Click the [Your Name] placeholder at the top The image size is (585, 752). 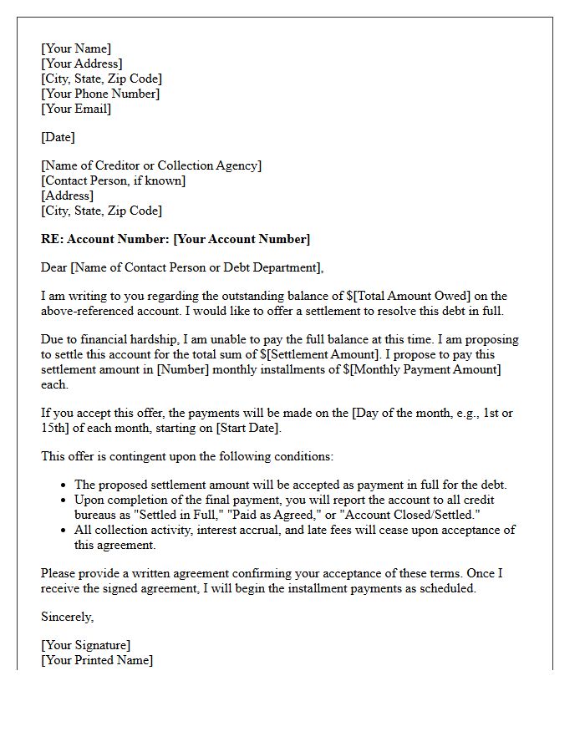pyautogui.click(x=76, y=48)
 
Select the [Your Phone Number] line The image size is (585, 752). pyautogui.click(x=100, y=94)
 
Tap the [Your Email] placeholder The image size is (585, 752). pyautogui.click(x=76, y=109)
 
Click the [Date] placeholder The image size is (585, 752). pyautogui.click(x=58, y=137)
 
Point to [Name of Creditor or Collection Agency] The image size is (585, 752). pyautogui.click(x=151, y=165)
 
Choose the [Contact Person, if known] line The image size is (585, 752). pyautogui.click(x=114, y=180)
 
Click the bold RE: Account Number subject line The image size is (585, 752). pyautogui.click(x=175, y=239)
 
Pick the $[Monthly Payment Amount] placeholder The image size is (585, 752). pyautogui.click(x=422, y=369)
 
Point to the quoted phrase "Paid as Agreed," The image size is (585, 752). pyautogui.click(x=273, y=515)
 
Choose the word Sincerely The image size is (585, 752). pyautogui.click(x=67, y=617)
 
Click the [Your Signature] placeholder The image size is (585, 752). pyautogui.click(x=85, y=645)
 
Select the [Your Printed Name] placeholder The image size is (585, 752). pyautogui.click(x=97, y=660)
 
